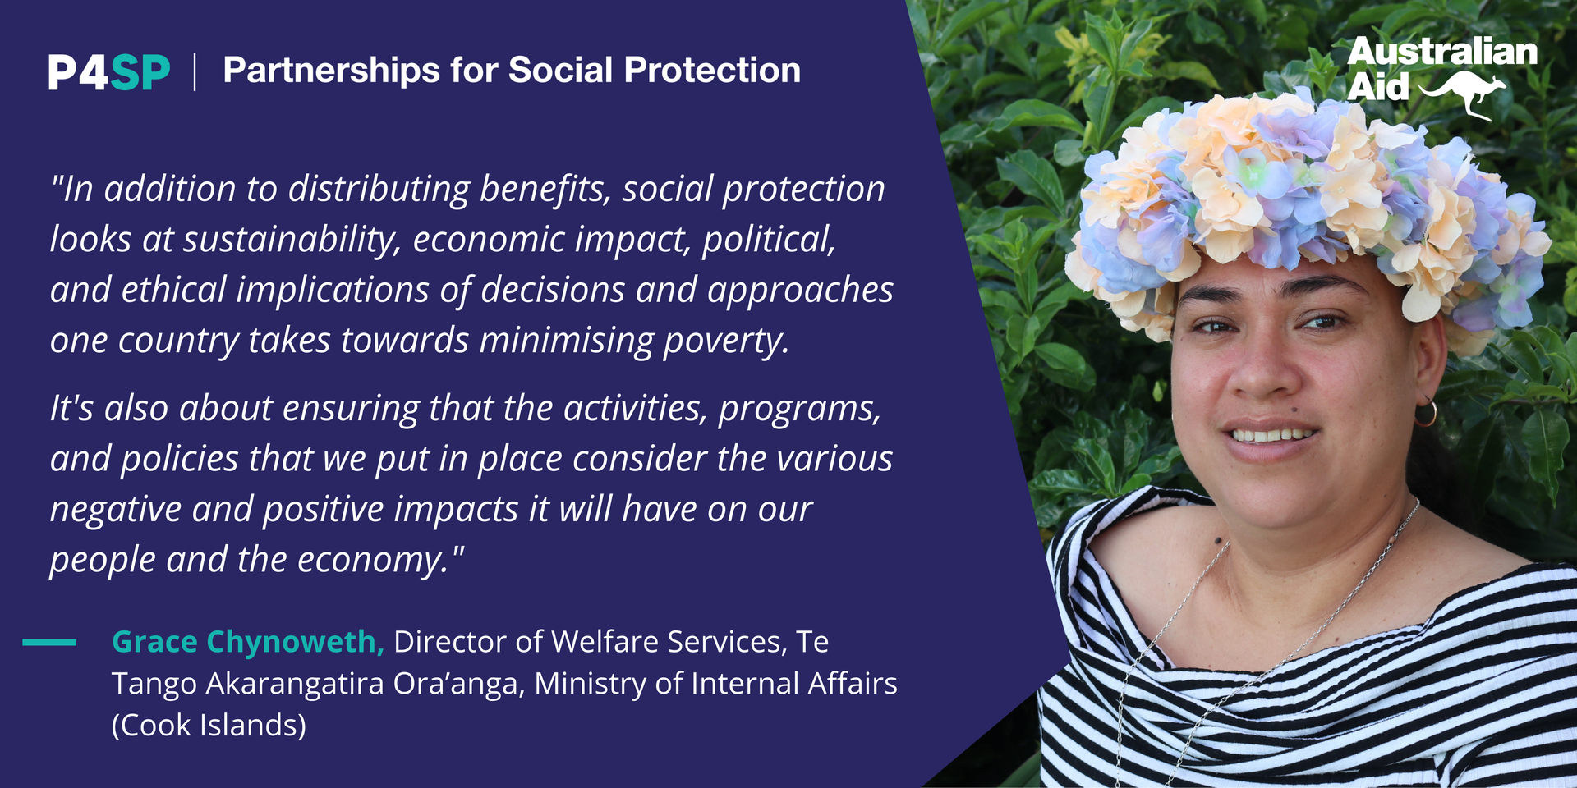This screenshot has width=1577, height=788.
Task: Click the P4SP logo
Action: [109, 72]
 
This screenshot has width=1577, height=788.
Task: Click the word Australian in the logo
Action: [1442, 51]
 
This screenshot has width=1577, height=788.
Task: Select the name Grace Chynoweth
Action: [248, 642]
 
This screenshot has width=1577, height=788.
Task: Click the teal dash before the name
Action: [49, 642]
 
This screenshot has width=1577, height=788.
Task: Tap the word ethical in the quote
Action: [173, 290]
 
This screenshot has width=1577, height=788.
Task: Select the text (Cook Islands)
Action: [209, 726]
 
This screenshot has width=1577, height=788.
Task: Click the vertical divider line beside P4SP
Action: [195, 72]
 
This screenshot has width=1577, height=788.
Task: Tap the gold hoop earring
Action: [1426, 412]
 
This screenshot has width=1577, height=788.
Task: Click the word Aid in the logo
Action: [1378, 87]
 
